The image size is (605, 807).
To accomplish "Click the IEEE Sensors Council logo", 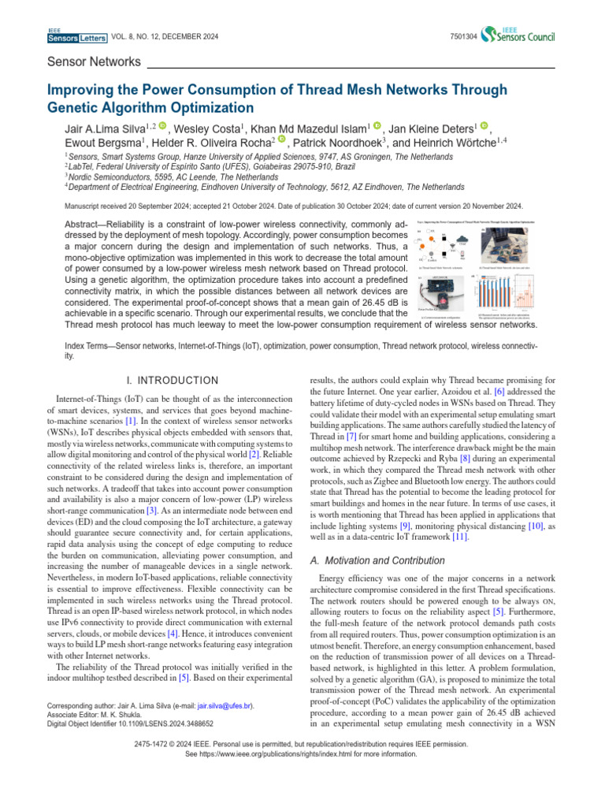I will [x=520, y=34].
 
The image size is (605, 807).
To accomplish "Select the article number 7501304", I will [x=461, y=35].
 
